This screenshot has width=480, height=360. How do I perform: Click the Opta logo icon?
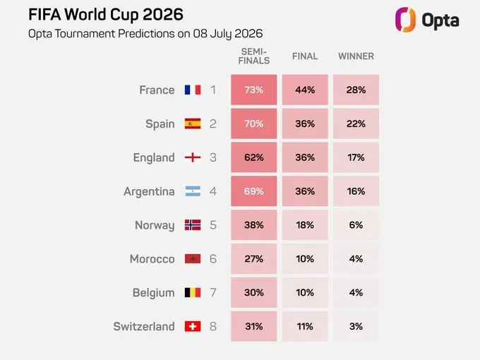point(405,20)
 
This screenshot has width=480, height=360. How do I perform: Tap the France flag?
point(193,90)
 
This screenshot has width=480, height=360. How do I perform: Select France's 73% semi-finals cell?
point(254,90)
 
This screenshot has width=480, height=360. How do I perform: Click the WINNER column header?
point(356,56)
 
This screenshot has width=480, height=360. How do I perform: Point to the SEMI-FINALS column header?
point(254,56)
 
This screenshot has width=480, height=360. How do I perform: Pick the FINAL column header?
point(305,56)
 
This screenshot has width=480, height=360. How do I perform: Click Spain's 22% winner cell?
point(356,124)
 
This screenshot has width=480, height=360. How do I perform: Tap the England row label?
point(154,157)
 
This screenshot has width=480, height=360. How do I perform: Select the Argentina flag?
point(193,191)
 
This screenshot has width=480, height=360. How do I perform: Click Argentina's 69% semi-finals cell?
point(254,191)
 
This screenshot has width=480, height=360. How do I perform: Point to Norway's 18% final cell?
point(305,225)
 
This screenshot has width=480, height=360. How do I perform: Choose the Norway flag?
point(193,225)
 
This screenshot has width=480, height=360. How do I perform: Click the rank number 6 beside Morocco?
point(213,259)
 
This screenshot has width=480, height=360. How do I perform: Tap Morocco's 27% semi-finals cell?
point(254,258)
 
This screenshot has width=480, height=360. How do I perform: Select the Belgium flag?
point(193,293)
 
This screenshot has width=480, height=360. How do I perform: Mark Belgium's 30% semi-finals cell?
point(254,293)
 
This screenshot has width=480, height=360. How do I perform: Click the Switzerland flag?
point(193,326)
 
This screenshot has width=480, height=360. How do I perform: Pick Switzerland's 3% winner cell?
point(356,326)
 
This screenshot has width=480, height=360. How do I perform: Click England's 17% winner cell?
point(356,157)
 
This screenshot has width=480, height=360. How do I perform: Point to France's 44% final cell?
point(305,90)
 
